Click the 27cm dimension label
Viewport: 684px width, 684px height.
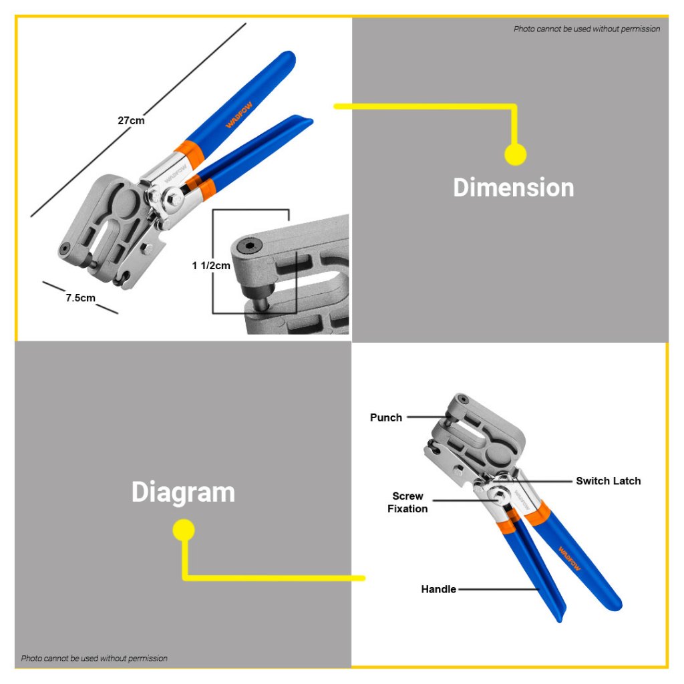(131, 120)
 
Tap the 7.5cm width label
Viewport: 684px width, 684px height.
(80, 298)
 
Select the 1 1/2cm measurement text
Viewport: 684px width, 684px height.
(210, 266)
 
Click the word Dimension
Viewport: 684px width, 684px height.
(514, 188)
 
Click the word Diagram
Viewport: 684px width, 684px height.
(183, 492)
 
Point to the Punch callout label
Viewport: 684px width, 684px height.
(385, 417)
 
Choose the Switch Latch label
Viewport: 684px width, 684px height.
(608, 481)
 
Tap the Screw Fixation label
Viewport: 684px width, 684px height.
(407, 502)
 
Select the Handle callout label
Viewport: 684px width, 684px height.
(438, 589)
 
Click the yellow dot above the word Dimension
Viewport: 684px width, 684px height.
(515, 154)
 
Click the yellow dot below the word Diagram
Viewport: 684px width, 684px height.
(184, 530)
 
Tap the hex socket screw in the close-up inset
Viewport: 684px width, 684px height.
(249, 247)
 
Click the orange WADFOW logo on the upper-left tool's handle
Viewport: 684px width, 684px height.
(238, 115)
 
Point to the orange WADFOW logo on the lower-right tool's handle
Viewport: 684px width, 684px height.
(570, 558)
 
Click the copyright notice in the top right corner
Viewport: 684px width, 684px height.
(586, 29)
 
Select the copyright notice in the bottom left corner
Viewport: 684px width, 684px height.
(94, 658)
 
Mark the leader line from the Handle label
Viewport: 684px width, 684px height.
(499, 589)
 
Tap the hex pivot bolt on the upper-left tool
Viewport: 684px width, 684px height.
(174, 199)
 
